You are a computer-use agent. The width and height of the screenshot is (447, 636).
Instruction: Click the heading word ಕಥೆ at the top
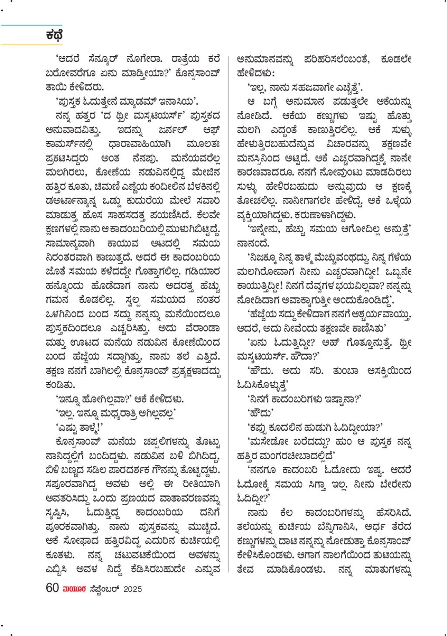tap(54, 35)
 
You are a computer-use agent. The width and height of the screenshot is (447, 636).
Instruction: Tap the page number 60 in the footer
tap(52, 588)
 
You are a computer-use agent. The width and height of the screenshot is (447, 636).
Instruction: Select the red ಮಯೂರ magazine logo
tap(74, 589)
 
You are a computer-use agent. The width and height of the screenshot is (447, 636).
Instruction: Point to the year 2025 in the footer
tap(133, 589)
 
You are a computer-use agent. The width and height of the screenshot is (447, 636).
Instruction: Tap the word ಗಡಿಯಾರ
tap(203, 271)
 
